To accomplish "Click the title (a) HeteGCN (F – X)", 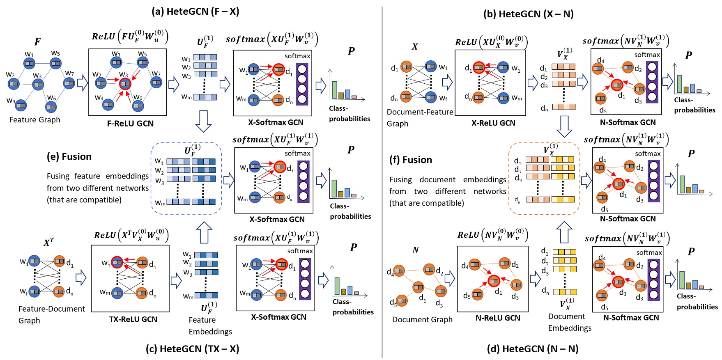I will click(195, 11).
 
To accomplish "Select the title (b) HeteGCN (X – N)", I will click(528, 14).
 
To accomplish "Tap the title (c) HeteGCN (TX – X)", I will click(192, 349).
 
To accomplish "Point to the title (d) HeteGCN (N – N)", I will click(533, 349).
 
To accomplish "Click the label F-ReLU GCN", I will click(130, 124).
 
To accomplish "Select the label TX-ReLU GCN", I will click(133, 319).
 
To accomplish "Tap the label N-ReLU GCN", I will click(498, 318).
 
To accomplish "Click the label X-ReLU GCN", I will click(493, 123).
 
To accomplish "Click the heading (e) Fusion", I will click(69, 157).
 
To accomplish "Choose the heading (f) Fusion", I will click(411, 160).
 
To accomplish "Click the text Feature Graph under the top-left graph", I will click(35, 120).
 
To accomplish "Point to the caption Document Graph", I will click(422, 320).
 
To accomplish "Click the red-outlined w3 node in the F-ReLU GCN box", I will click(125, 84).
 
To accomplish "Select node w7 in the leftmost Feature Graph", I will click(69, 83).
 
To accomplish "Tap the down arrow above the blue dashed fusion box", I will click(203, 121).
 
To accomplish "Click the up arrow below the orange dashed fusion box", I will click(564, 232).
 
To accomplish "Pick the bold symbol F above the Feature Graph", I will click(37, 42).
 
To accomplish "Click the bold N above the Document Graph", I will click(415, 250).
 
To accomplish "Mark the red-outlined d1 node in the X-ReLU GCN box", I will click(479, 67).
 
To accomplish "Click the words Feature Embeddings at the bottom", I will click(210, 326).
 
